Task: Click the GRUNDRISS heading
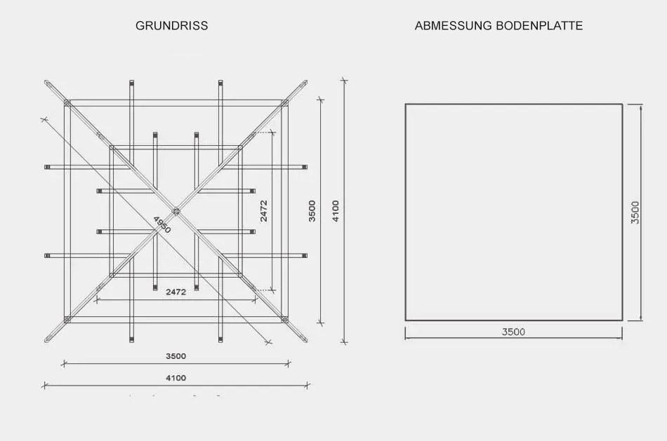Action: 172,25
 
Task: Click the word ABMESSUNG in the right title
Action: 454,25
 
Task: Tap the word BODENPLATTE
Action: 539,25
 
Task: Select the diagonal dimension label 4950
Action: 161,225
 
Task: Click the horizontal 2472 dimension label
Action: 176,292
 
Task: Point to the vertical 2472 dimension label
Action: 264,211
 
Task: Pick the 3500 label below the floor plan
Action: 176,356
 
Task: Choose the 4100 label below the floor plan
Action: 176,378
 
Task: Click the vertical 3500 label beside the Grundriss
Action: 312,211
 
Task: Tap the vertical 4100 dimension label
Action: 336,211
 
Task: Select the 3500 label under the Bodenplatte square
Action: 513,332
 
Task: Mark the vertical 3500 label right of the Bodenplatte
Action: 635,212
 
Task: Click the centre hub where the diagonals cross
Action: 176,211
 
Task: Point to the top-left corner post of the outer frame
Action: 67,103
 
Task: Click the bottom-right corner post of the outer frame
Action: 284,320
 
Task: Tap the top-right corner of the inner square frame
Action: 240,147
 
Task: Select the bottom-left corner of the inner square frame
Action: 112,276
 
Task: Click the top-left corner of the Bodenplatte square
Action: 405,104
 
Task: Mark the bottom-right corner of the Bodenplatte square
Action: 622,320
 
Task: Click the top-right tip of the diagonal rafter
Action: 305,81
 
